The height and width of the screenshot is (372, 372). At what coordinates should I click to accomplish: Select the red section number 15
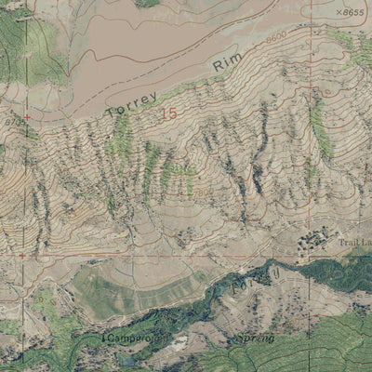(x=167, y=113)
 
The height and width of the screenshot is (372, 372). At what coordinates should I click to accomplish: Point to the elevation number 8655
(x=352, y=13)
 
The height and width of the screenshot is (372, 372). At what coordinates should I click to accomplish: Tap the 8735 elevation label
(x=12, y=122)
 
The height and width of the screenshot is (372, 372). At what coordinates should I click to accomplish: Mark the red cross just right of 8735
(x=27, y=117)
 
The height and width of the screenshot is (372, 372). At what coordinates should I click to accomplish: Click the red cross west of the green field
(x=21, y=255)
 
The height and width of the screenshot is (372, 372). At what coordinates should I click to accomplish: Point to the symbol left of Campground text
(x=103, y=335)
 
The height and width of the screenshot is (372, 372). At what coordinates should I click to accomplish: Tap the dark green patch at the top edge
(x=146, y=3)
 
